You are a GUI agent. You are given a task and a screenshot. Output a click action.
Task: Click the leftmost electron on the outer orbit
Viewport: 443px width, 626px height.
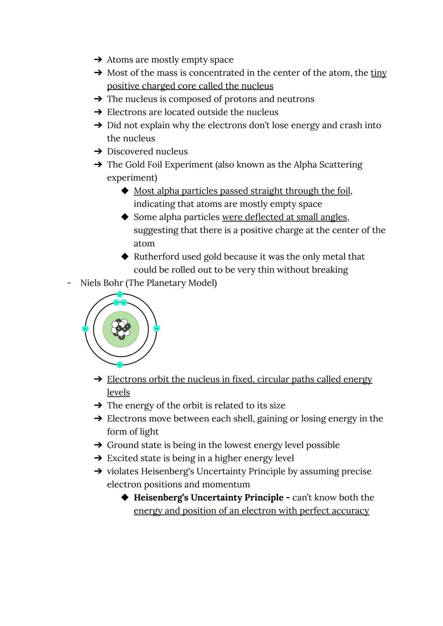[x=85, y=329]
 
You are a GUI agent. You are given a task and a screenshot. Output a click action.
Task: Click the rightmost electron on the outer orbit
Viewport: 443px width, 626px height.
[x=157, y=328]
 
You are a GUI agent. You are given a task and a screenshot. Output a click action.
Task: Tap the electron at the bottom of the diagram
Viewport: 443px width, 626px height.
[x=120, y=365]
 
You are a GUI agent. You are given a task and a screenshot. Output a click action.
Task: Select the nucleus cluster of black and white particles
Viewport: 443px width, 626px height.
[x=121, y=329]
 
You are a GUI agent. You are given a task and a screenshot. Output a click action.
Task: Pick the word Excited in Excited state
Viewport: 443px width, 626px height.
[x=123, y=458]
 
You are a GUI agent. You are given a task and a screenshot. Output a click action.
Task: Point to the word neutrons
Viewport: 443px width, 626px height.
[x=296, y=99]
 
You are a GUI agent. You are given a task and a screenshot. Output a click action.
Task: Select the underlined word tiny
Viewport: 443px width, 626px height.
[x=379, y=73]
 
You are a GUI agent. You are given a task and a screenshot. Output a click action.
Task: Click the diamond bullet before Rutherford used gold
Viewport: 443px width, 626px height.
[x=125, y=257]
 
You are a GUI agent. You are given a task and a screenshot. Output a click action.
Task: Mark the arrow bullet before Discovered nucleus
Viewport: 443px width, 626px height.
[x=98, y=151]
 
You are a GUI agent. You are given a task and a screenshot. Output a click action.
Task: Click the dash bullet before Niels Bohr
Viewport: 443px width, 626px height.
[x=69, y=283]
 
